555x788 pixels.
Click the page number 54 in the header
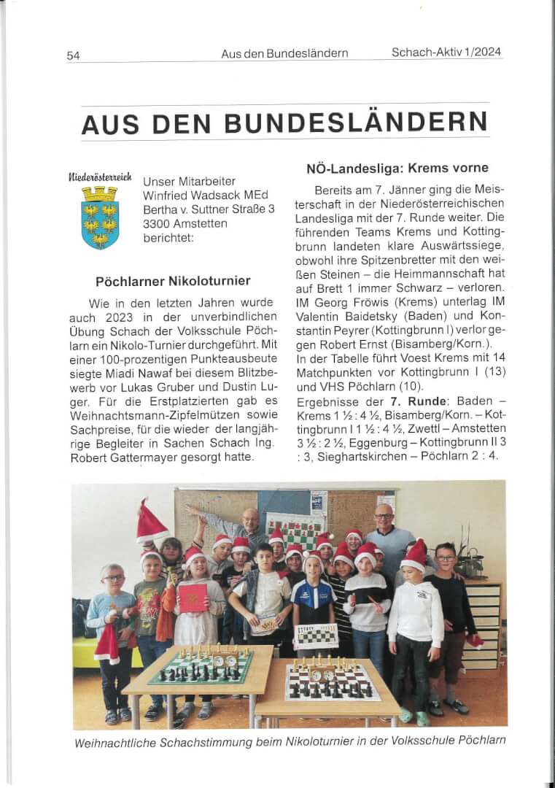click(73, 55)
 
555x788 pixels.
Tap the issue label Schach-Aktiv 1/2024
click(446, 52)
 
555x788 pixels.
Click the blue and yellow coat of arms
click(99, 217)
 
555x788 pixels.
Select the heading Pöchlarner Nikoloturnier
click(173, 281)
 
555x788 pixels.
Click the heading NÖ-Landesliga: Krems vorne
click(397, 169)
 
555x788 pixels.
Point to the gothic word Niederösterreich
click(99, 176)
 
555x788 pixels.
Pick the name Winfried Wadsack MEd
click(206, 195)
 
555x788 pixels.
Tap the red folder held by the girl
click(193, 598)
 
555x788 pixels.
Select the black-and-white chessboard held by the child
click(316, 636)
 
